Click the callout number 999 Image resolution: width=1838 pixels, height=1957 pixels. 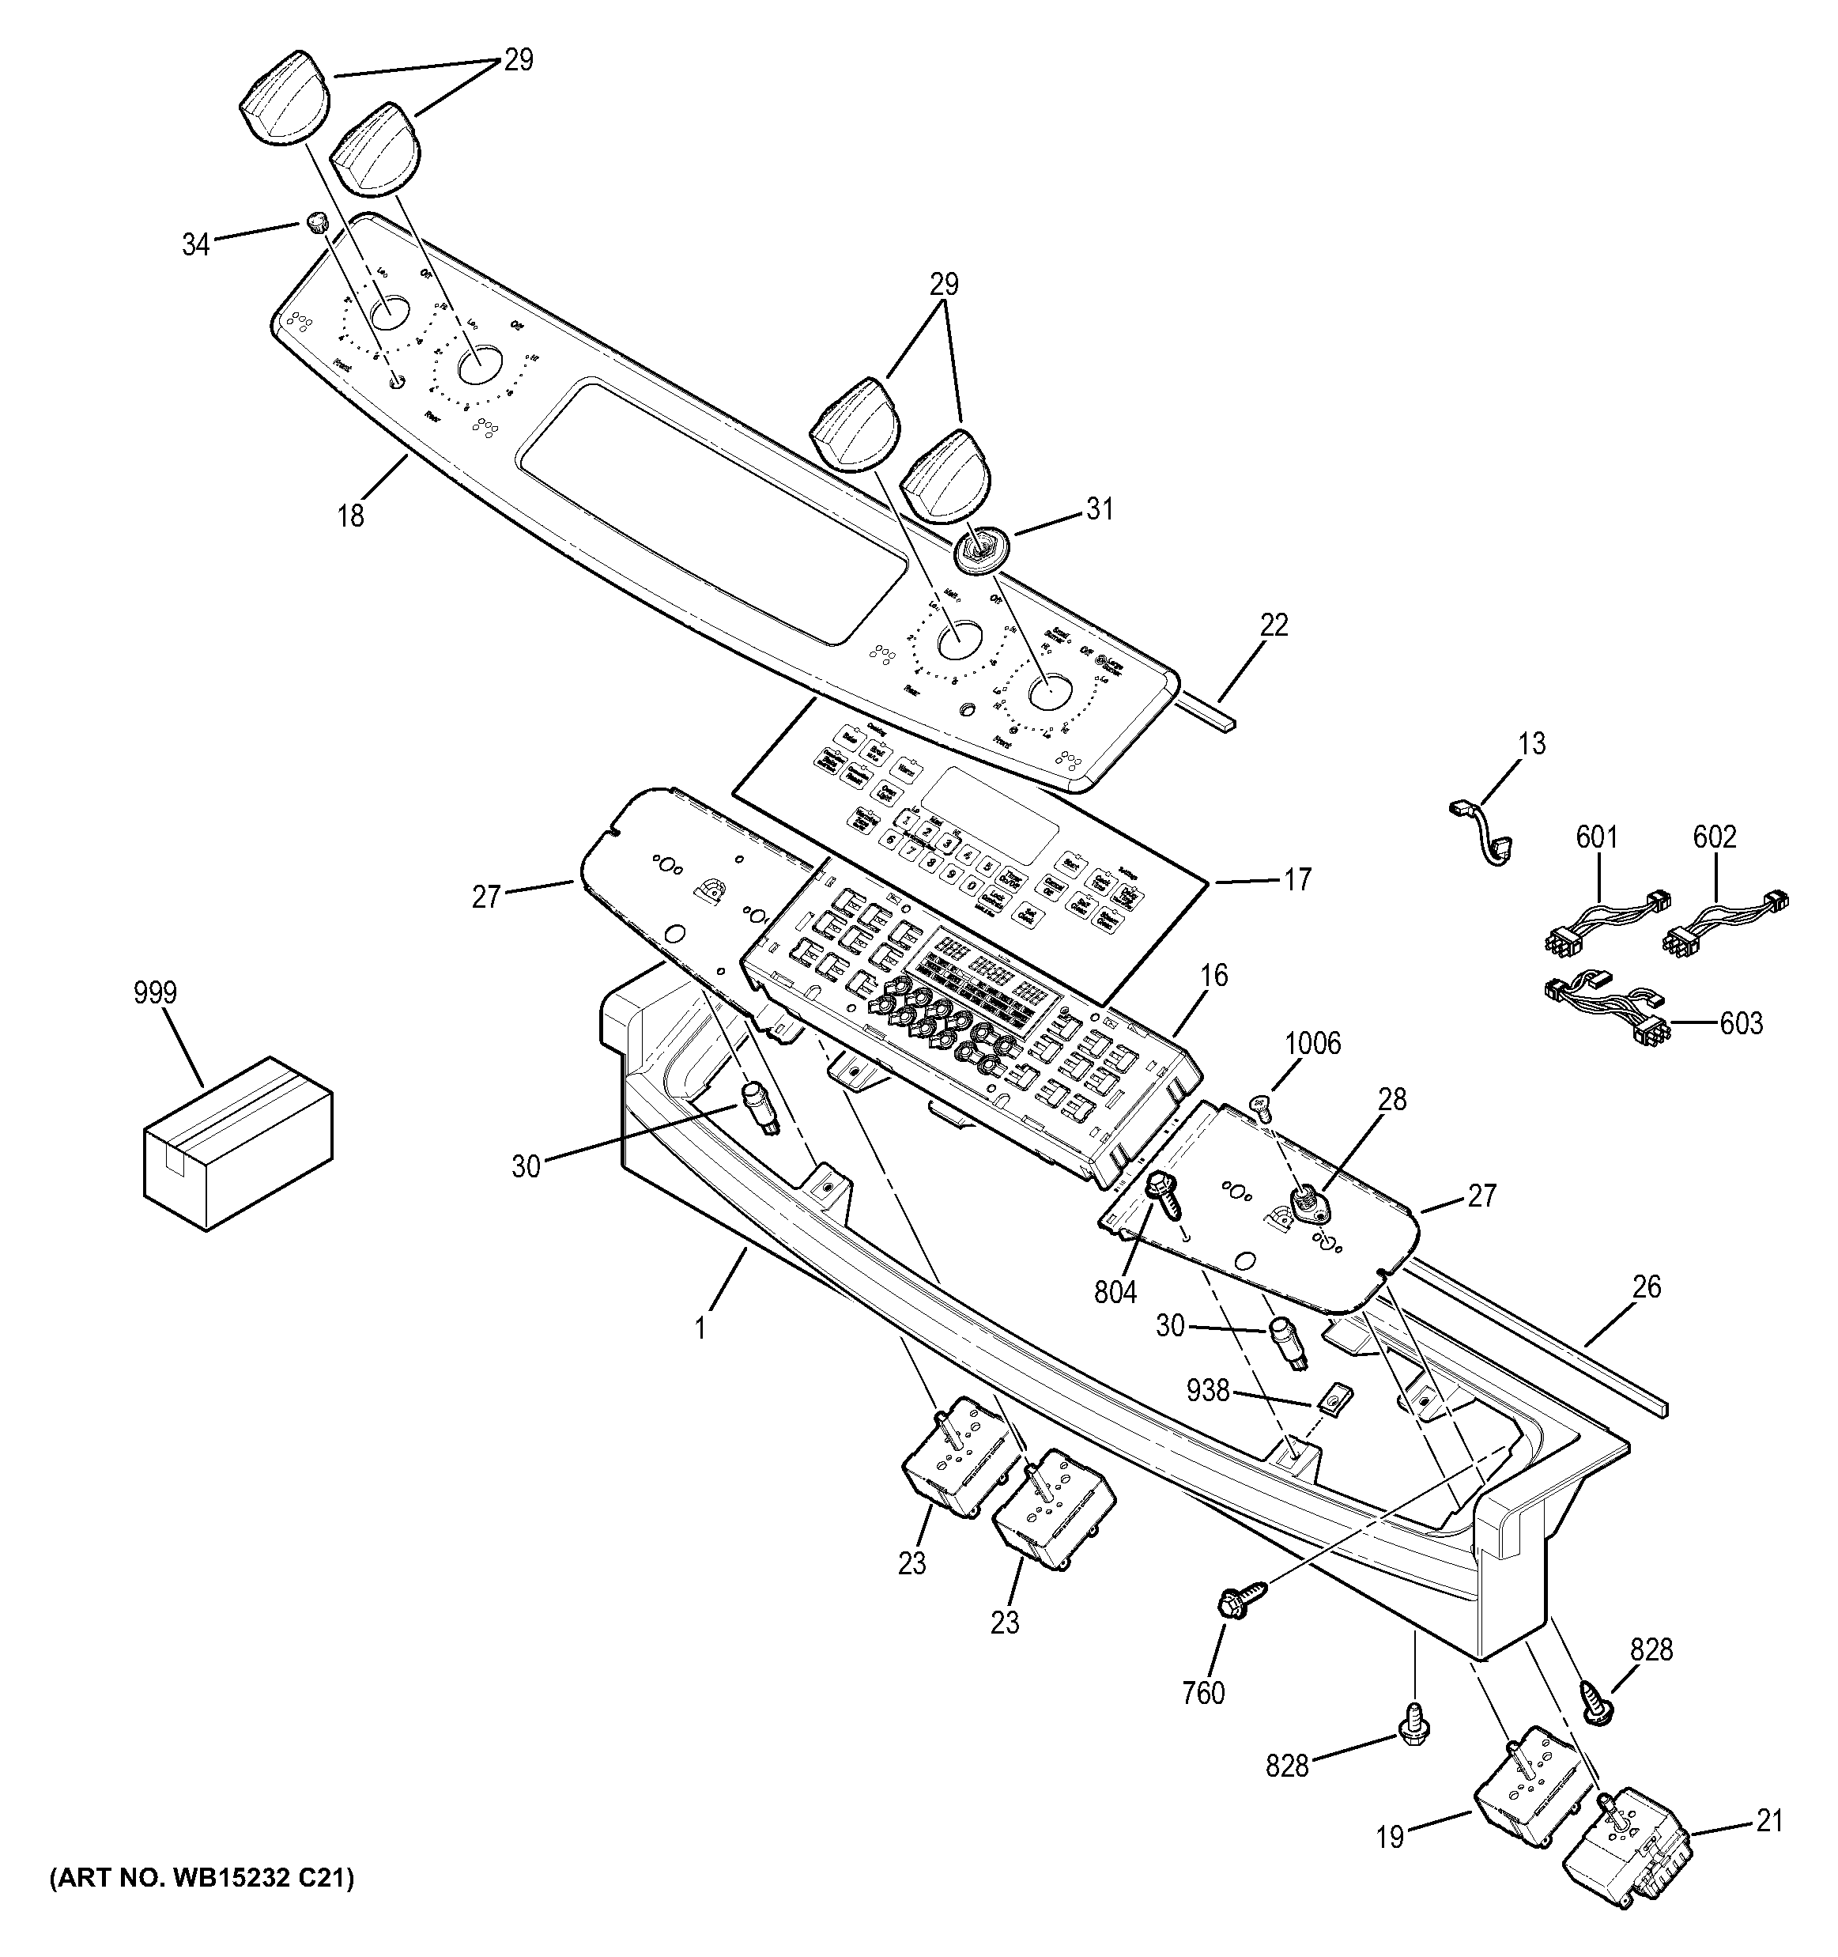point(156,992)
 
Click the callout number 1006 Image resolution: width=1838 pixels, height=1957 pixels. point(1312,1044)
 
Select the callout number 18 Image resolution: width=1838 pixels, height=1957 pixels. point(351,515)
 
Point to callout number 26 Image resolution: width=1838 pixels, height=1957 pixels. point(1646,1286)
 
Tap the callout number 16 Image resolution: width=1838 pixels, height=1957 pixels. point(1214,976)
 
